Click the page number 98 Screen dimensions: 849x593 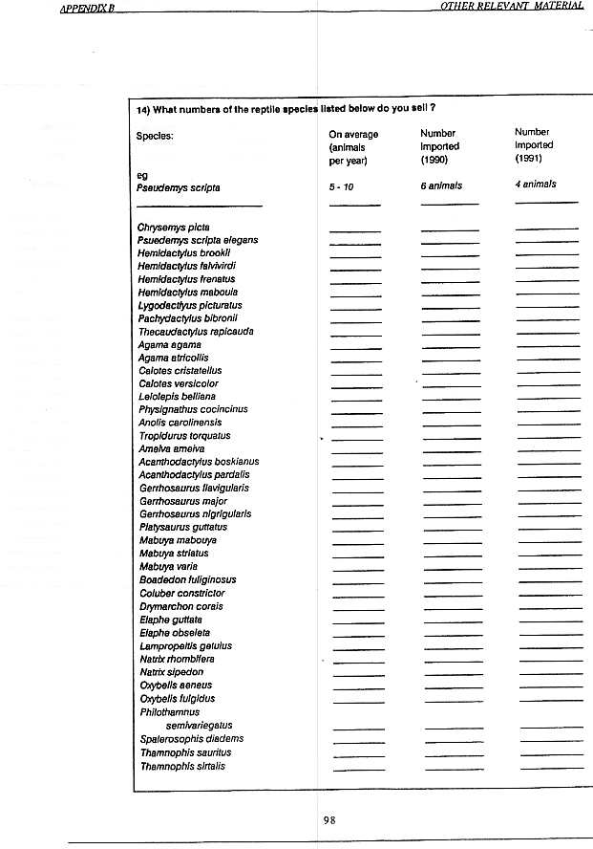(x=329, y=819)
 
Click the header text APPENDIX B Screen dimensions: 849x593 (x=87, y=8)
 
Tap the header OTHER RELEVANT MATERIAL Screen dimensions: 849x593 (x=512, y=7)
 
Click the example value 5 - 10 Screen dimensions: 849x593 (x=341, y=186)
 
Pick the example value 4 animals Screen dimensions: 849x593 (x=535, y=185)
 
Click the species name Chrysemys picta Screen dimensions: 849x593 (x=174, y=228)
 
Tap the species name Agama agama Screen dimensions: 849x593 (x=169, y=344)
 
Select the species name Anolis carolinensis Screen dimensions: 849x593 (x=180, y=422)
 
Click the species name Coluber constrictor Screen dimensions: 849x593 (x=181, y=593)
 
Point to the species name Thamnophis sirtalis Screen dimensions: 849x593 (x=182, y=766)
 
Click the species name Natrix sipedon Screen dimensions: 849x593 (x=171, y=672)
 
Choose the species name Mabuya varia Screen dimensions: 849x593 (x=168, y=566)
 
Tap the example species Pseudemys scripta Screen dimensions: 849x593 (x=179, y=187)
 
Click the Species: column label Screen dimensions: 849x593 (x=155, y=136)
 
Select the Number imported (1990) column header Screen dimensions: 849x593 (x=439, y=146)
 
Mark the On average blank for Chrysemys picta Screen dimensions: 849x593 (x=354, y=230)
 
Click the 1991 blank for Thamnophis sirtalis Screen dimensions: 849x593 (x=551, y=768)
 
